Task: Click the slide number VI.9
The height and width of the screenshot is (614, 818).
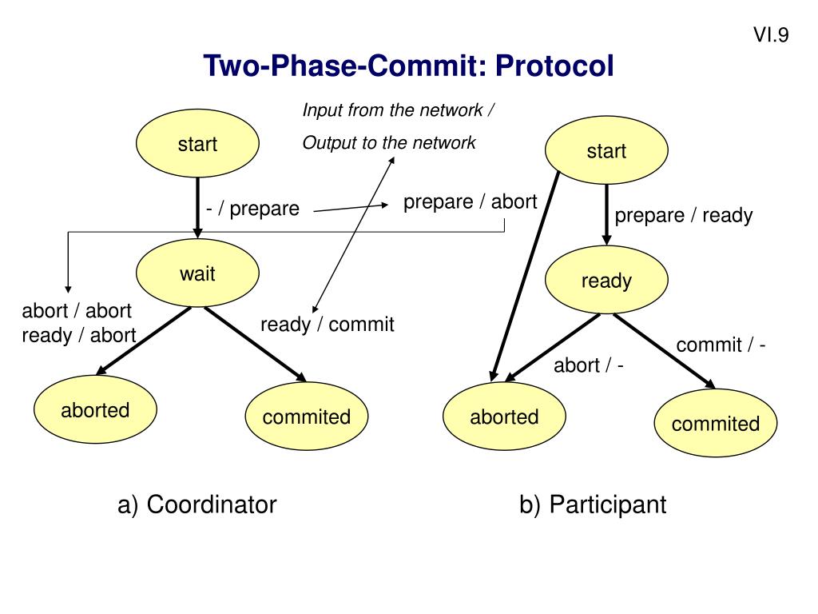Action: pos(771,34)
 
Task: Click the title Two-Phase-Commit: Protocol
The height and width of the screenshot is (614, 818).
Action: pos(408,66)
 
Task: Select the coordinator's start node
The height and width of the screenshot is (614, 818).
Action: pos(197,145)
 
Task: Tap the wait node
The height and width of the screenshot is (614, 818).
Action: pos(197,274)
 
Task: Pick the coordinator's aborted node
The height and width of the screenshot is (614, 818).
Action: pos(95,410)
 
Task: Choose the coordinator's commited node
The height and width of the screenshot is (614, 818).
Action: pos(307,417)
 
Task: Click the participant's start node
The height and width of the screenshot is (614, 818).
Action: pos(606,152)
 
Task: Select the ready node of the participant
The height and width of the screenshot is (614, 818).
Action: pos(606,281)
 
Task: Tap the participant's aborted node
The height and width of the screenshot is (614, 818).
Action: pos(504,417)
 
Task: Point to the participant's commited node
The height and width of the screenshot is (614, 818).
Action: pos(716,424)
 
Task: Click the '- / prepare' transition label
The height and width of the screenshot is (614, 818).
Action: pos(252,209)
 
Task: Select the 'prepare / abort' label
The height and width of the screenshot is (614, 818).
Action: pos(470,202)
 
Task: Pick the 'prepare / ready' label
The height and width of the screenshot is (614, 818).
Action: pos(684,216)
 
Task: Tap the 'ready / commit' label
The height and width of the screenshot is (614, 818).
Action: pos(328,325)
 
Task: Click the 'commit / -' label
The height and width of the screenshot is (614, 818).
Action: pos(721,345)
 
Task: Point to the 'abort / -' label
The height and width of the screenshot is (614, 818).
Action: pos(589,366)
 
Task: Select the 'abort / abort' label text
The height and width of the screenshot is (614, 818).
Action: pos(77,311)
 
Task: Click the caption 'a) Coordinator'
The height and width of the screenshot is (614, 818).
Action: pos(197,504)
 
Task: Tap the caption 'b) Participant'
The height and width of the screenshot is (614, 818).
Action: pos(592,504)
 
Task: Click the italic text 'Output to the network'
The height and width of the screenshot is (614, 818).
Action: pos(389,143)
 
